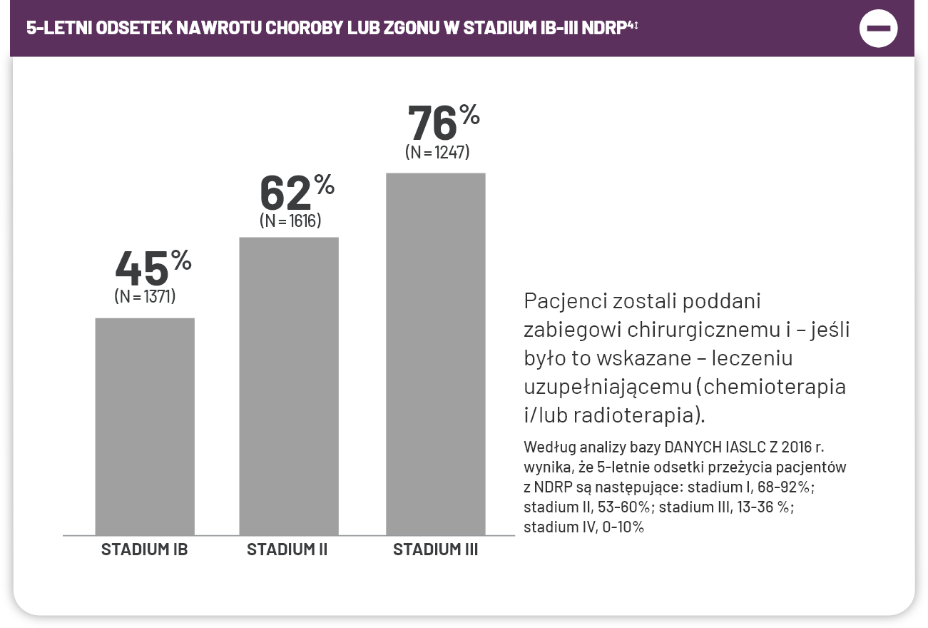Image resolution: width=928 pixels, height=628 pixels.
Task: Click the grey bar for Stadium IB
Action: coord(145,426)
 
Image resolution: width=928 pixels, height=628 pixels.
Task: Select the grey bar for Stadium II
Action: coord(289,385)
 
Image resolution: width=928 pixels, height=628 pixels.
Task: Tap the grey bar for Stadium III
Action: coord(435,353)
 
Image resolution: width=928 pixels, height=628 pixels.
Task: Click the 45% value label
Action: coord(153,267)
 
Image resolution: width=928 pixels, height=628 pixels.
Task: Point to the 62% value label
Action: coord(296,191)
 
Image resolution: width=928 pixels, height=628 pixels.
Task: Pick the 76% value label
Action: coord(442,122)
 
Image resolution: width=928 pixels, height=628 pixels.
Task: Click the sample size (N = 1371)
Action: coord(145,296)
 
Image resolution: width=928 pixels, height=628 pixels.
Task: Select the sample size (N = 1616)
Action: coord(290,221)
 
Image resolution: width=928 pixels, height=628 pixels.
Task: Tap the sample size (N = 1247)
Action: coord(437,152)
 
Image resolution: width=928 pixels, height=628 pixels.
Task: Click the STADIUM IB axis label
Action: coord(144,550)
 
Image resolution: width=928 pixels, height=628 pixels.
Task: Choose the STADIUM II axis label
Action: coord(287,550)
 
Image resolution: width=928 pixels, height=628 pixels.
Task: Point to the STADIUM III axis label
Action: coord(435,550)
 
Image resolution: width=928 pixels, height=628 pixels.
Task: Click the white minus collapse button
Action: coord(878,29)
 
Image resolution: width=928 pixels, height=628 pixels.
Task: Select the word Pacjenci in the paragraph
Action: coord(565,301)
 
